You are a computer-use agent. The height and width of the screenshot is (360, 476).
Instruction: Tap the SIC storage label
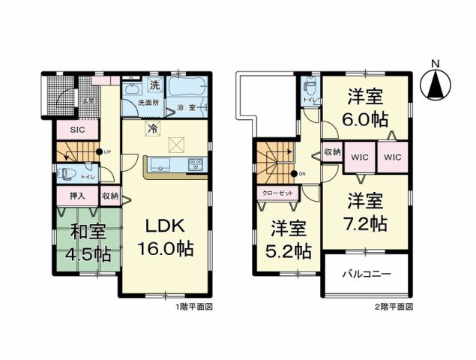pos(77,129)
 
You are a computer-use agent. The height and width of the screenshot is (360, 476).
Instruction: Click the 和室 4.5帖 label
pos(87,241)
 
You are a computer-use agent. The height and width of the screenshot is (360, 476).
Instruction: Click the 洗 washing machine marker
pos(154,84)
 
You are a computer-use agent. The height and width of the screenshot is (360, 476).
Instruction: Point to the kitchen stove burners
pos(195,163)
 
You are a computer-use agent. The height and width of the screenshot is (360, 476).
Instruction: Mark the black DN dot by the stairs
pos(294,175)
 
